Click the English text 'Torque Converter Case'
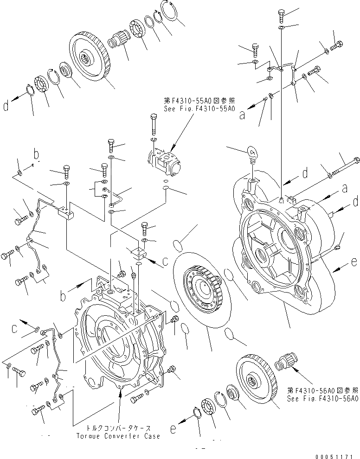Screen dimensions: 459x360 coord(119,436)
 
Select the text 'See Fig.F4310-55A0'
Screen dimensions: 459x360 coord(199,109)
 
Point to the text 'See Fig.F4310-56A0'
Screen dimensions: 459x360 coord(323,398)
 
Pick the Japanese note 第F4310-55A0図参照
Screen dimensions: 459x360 coord(199,101)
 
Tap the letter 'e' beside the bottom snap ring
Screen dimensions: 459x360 coord(173,430)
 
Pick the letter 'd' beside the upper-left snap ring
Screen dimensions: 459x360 coord(6,107)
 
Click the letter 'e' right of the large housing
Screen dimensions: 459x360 coord(354,262)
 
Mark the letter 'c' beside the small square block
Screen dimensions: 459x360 coord(166,261)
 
